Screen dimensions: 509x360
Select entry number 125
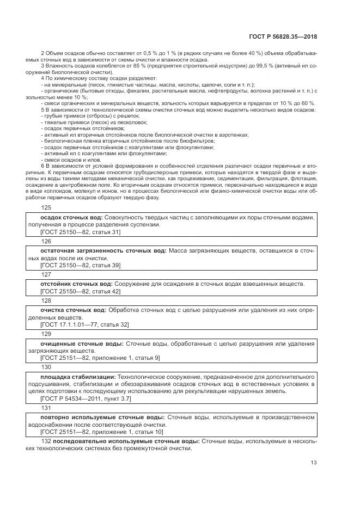tap(46, 207)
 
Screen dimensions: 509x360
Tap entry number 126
tap(46, 241)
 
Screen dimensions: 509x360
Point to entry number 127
tap(46, 274)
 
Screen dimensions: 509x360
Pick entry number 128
tap(46, 301)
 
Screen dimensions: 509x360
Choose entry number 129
tap(46, 334)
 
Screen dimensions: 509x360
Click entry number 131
tap(46, 408)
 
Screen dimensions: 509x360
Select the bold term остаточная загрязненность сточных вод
tap(103, 250)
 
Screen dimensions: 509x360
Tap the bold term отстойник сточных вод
tap(76, 284)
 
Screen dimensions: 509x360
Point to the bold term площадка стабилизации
tap(77, 377)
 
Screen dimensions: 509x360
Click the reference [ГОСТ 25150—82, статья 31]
tap(80, 232)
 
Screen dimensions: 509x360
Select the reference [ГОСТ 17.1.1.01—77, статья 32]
tap(84, 324)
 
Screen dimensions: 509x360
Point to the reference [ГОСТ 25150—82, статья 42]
tap(80, 292)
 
